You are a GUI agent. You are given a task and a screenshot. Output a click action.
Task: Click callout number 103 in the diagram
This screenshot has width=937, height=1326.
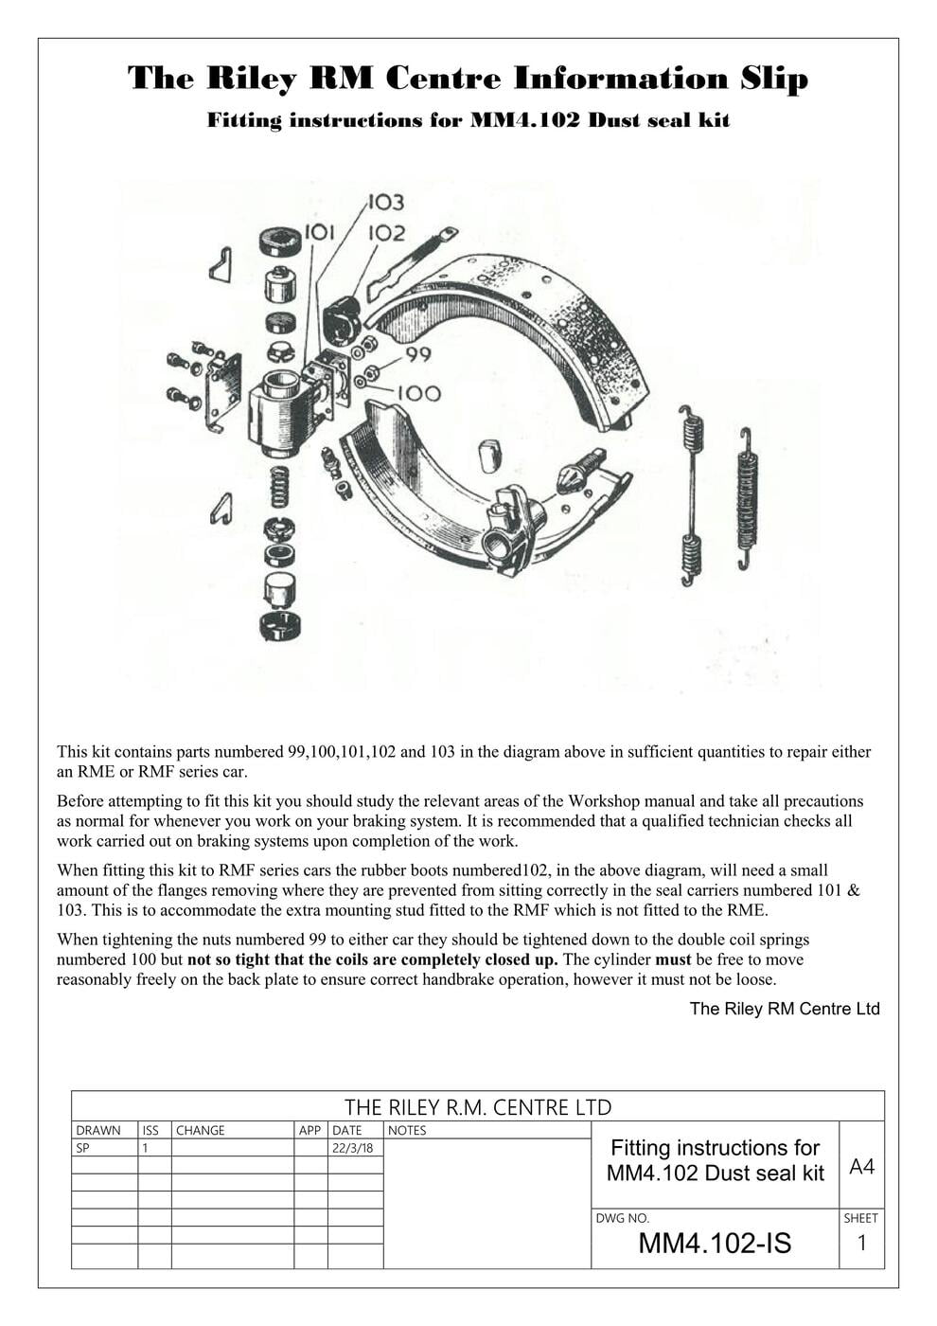pyautogui.click(x=385, y=202)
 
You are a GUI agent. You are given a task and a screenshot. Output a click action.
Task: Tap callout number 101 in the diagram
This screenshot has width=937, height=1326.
pyautogui.click(x=321, y=232)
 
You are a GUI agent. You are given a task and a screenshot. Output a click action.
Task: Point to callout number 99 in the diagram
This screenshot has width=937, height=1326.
pyautogui.click(x=418, y=354)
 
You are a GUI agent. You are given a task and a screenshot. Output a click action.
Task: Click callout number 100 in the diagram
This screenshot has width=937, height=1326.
pyautogui.click(x=418, y=393)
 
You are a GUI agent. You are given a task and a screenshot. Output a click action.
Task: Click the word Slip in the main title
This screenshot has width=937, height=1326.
pyautogui.click(x=773, y=78)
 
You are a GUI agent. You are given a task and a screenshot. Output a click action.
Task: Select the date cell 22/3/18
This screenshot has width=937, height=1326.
pyautogui.click(x=352, y=1148)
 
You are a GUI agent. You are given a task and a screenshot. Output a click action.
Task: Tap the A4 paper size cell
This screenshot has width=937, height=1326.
pyautogui.click(x=861, y=1166)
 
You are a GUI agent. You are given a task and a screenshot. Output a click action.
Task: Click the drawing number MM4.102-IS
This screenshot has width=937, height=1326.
pyautogui.click(x=715, y=1243)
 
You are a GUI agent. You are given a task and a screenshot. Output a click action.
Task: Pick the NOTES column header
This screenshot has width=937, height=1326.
pyautogui.click(x=407, y=1130)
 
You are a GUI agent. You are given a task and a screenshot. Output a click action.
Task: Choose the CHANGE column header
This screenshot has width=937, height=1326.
pyautogui.click(x=201, y=1130)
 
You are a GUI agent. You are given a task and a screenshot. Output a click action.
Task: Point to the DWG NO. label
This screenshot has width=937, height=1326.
pyautogui.click(x=622, y=1218)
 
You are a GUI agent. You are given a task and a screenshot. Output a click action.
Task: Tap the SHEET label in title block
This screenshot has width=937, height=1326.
pyautogui.click(x=860, y=1218)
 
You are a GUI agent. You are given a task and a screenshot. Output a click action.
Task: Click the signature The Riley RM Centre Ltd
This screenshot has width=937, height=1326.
pyautogui.click(x=784, y=1009)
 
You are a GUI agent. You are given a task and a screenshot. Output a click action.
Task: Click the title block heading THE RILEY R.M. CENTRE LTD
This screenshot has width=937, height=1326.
pyautogui.click(x=478, y=1107)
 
